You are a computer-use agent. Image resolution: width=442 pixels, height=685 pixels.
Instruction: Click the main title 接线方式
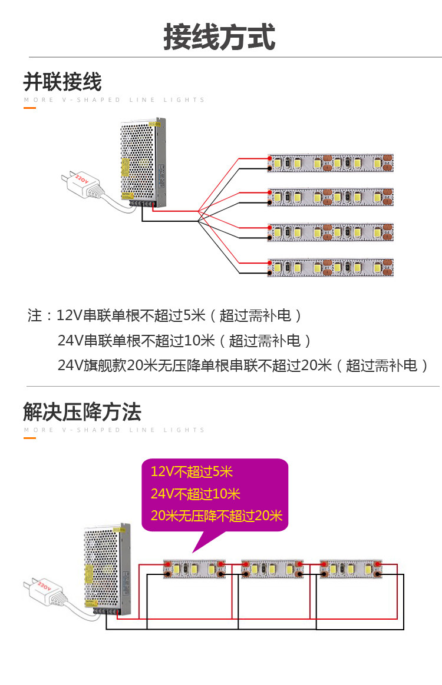click(219, 37)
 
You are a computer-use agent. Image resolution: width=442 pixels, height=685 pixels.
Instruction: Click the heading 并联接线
click(62, 81)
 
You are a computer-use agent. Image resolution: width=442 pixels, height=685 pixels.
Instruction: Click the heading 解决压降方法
click(82, 411)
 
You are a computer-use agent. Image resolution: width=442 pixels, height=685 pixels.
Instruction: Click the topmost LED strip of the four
click(331, 163)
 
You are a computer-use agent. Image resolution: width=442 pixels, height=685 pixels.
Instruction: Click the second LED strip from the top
click(331, 197)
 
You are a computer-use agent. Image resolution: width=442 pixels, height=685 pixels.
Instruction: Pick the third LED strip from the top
click(331, 232)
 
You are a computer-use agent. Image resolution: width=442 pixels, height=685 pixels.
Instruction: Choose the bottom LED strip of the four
click(331, 267)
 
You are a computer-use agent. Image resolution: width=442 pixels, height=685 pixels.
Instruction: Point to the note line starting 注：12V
click(165, 315)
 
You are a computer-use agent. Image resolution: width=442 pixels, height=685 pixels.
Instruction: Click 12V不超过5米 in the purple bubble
click(192, 471)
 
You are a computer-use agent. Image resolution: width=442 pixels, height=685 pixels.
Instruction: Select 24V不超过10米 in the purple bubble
click(196, 494)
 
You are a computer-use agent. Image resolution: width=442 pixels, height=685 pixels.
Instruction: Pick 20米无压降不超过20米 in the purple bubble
click(216, 516)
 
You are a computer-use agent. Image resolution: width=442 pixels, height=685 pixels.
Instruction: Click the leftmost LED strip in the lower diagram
click(194, 568)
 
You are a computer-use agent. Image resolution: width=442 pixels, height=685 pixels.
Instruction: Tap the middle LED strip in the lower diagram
click(272, 568)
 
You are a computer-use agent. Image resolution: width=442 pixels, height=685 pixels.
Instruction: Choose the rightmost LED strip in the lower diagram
click(350, 568)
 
